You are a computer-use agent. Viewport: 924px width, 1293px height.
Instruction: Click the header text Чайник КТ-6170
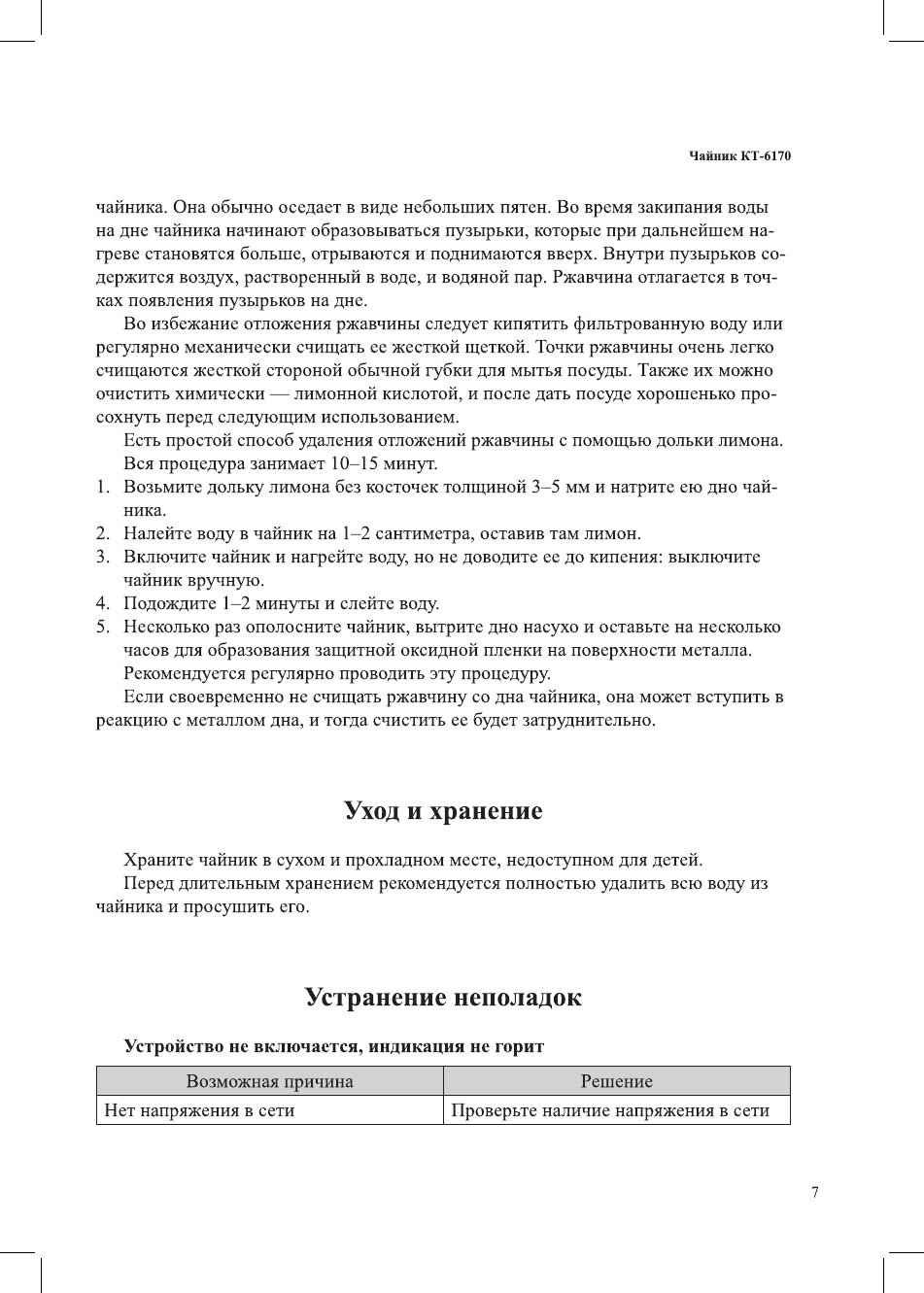[739, 156]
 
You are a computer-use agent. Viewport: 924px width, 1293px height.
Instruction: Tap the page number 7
[814, 1192]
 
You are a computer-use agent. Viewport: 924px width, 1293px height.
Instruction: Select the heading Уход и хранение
[443, 810]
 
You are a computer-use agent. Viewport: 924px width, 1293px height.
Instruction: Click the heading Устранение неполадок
[443, 997]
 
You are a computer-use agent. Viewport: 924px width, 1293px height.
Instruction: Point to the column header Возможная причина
[269, 1081]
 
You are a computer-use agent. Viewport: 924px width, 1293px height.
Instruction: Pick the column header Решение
[616, 1081]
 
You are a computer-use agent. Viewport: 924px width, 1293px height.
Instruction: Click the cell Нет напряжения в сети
[199, 1110]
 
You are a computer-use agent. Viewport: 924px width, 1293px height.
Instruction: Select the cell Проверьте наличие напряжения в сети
[610, 1110]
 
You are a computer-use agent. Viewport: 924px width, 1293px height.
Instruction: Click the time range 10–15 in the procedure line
[352, 463]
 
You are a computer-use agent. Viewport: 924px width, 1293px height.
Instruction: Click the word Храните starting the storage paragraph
[157, 860]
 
